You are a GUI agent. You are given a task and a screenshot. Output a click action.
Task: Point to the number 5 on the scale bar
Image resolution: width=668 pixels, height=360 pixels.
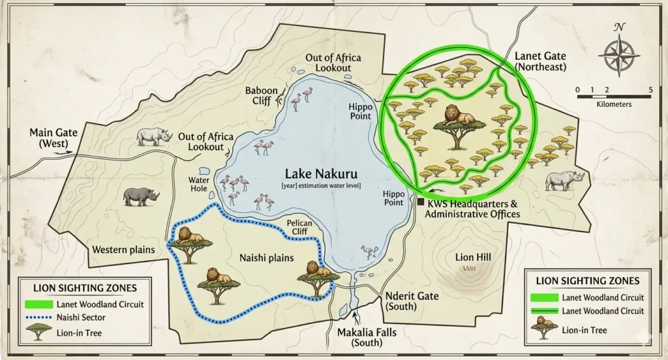(x=650, y=90)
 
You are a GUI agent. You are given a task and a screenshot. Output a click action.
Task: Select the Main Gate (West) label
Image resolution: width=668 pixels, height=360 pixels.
(x=53, y=138)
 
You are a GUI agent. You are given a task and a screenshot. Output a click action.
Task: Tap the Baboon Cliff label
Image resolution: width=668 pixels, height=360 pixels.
(x=261, y=96)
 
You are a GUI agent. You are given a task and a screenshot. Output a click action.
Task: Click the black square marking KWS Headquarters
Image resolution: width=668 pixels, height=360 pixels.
(x=420, y=203)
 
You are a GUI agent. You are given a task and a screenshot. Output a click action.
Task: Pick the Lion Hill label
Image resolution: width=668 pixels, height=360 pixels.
(x=472, y=257)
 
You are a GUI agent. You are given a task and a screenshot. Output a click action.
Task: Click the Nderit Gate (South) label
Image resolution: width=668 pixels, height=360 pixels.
(x=412, y=301)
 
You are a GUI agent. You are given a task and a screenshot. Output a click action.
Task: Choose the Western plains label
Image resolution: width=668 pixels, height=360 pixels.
(x=123, y=249)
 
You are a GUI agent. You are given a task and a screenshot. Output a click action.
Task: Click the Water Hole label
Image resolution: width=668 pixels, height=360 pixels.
(x=198, y=184)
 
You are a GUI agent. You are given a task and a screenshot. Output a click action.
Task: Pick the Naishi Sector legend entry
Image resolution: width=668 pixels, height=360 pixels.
(x=81, y=318)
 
